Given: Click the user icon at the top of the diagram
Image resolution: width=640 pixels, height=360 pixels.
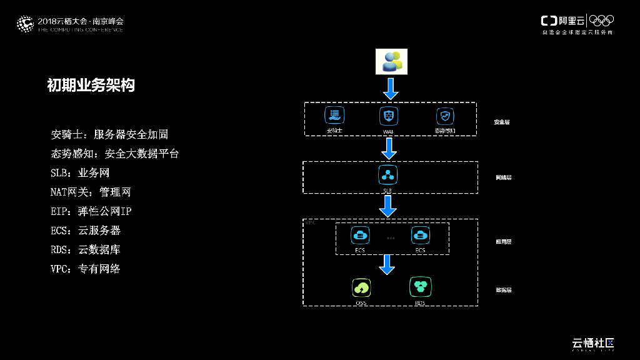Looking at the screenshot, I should tap(391, 61).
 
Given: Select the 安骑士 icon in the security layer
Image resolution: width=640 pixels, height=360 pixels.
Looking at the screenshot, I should tap(335, 116).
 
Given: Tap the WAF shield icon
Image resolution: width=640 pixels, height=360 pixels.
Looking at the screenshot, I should tap(389, 116).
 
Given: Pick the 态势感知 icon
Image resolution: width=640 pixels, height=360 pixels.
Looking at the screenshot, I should tap(444, 116).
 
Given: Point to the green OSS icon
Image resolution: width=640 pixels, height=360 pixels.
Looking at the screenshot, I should tap(361, 287).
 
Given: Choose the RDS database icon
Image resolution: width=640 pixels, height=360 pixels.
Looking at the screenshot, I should tap(420, 287).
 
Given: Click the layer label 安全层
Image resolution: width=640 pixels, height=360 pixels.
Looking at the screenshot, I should tap(501, 122).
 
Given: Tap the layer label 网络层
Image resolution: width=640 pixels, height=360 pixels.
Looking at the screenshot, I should tap(503, 177).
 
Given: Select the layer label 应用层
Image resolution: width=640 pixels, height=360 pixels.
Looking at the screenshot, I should tap(503, 241).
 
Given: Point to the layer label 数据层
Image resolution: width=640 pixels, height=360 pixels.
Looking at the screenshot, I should tap(503, 290).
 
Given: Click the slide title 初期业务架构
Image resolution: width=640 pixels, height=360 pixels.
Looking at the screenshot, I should tap(91, 86).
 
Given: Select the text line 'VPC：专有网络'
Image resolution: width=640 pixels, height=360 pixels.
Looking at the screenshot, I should tap(86, 269).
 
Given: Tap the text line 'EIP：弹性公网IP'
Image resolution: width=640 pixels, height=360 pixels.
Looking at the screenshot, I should tap(91, 211).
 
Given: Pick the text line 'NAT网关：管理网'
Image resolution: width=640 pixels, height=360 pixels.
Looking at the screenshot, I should tap(91, 192).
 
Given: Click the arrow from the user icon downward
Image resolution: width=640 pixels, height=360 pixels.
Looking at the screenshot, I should tap(391, 89).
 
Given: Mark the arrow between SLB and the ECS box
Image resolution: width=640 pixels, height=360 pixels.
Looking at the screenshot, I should tap(388, 206).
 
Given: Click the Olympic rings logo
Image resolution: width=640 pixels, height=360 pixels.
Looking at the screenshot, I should tap(602, 21).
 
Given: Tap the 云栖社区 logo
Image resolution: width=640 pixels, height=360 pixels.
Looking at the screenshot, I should tap(593, 343).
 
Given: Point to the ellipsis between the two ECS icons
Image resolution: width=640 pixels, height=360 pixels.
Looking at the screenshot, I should tap(391, 238).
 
